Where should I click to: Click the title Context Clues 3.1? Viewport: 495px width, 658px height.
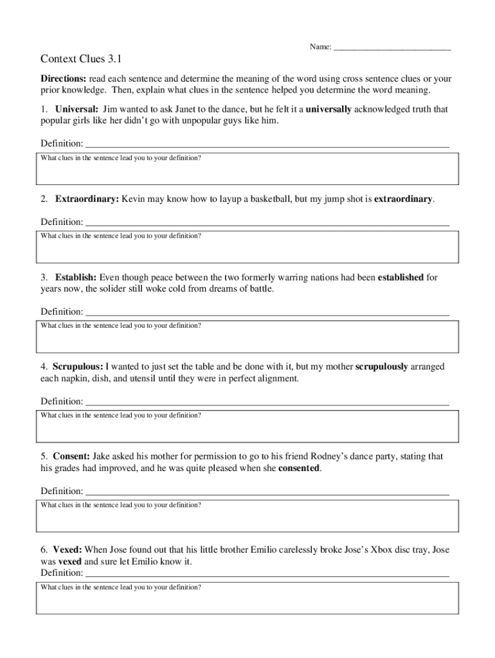[x=81, y=60]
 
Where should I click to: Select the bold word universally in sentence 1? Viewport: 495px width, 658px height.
[x=328, y=109]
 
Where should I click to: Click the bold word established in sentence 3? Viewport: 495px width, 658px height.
[x=401, y=278]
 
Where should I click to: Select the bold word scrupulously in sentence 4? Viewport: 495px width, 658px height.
[x=381, y=367]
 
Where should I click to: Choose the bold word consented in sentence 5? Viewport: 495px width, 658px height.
[x=298, y=468]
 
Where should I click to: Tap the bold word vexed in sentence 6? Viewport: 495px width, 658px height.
[x=70, y=561]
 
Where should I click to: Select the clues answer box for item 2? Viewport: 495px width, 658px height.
[x=248, y=247]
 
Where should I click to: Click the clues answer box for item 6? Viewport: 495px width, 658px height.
[x=248, y=599]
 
